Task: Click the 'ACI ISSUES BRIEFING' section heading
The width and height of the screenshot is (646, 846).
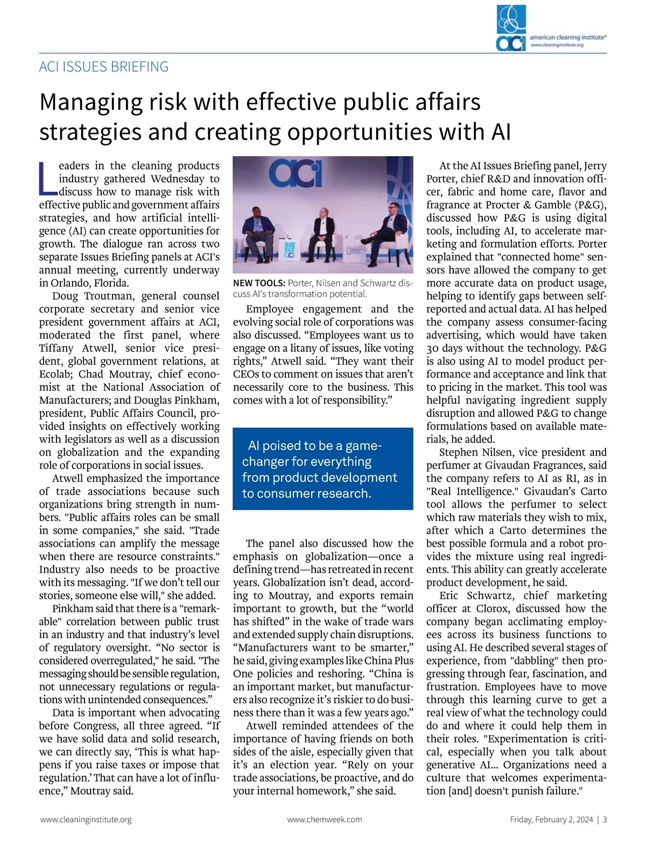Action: pyautogui.click(x=104, y=67)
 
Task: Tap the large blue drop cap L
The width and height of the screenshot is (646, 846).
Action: pyautogui.click(x=48, y=178)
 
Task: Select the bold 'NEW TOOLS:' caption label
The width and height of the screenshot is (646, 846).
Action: pyautogui.click(x=259, y=283)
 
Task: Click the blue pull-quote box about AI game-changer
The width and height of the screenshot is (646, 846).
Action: pyautogui.click(x=322, y=469)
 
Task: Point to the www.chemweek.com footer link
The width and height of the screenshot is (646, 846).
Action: pyautogui.click(x=324, y=820)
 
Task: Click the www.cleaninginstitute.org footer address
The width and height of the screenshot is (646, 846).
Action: pyautogui.click(x=86, y=820)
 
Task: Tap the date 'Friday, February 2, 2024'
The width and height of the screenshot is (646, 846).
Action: pyautogui.click(x=551, y=820)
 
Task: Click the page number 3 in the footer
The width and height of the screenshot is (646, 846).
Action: pyautogui.click(x=605, y=820)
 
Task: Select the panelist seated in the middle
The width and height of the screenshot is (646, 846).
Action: pyautogui.click(x=322, y=229)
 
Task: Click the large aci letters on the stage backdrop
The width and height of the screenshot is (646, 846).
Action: pyautogui.click(x=294, y=173)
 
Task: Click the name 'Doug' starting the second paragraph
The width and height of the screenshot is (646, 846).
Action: pyautogui.click(x=65, y=296)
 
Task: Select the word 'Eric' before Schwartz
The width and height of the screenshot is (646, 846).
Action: pyautogui.click(x=449, y=596)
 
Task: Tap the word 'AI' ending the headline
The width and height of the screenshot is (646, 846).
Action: pyautogui.click(x=501, y=132)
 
